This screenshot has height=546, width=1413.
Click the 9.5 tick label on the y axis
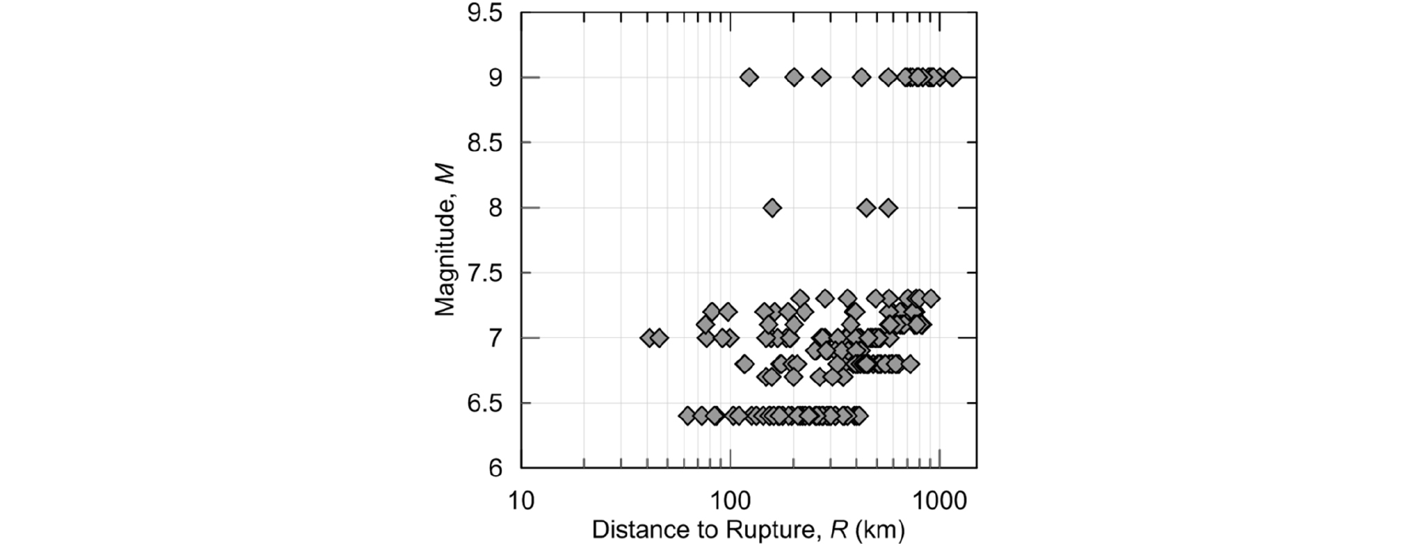484,14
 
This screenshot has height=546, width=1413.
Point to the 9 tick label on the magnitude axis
495,77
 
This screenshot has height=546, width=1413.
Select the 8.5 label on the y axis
484,143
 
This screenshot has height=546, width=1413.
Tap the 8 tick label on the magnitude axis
495,208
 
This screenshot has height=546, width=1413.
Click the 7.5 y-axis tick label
484,273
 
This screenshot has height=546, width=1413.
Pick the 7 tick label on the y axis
495,339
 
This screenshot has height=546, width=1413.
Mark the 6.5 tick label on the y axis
484,403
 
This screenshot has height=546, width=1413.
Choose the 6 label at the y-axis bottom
495,469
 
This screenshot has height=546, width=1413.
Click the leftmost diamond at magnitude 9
749,77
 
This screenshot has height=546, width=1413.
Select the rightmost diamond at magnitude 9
952,77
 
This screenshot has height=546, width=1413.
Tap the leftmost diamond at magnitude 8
772,208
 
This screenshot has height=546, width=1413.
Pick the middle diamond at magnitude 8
866,208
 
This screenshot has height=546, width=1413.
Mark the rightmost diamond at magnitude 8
888,208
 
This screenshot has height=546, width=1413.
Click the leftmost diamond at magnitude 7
648,339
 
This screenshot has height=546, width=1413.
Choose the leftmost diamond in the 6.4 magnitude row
687,416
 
